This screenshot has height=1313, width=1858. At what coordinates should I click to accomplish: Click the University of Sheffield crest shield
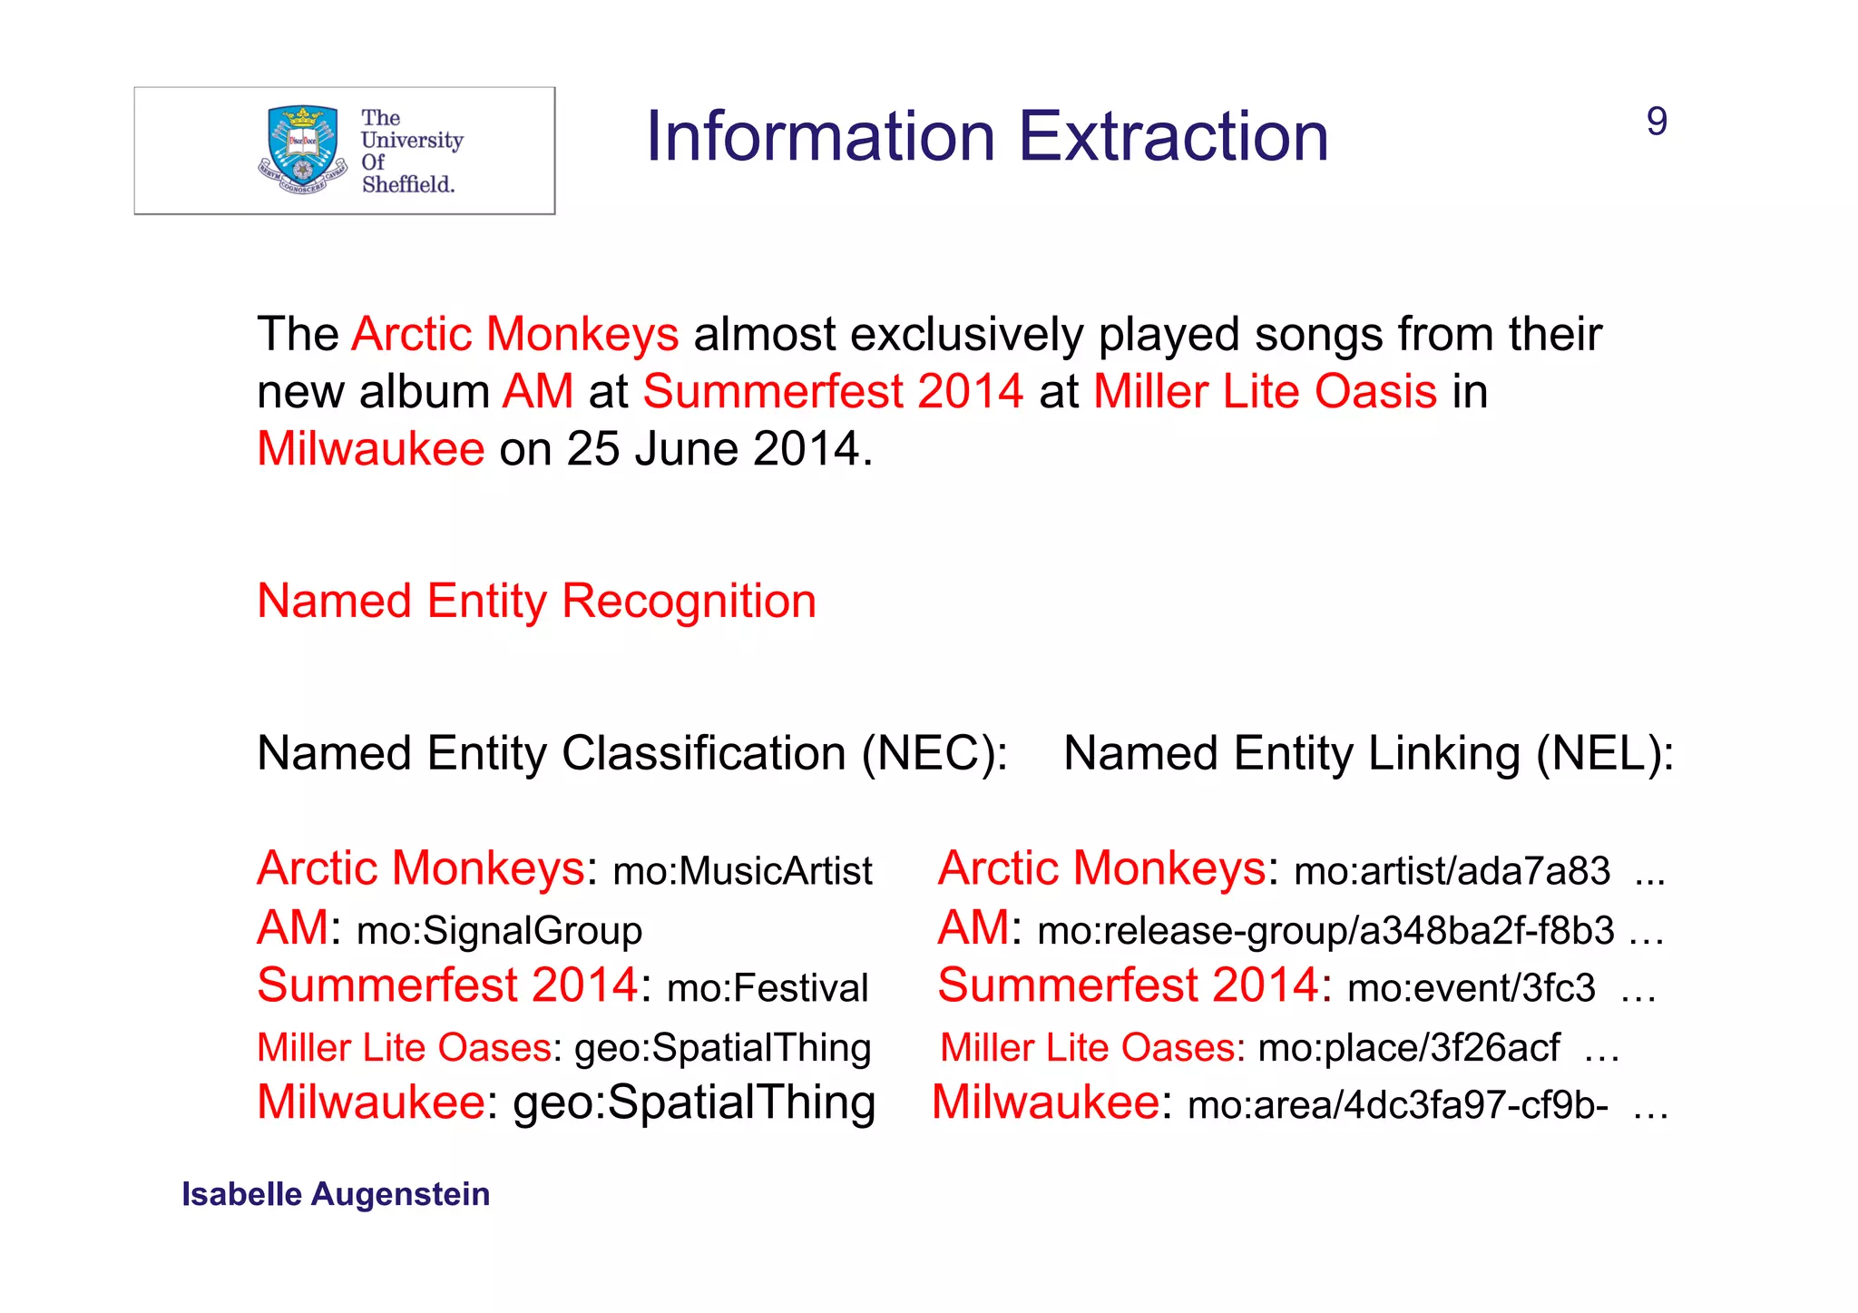coord(303,145)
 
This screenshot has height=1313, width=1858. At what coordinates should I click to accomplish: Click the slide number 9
coord(1657,122)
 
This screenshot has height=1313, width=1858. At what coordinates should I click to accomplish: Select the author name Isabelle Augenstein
coord(336,1194)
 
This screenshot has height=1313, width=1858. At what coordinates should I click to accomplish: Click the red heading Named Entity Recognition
coord(536,602)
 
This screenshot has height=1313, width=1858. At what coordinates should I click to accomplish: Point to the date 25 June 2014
coord(713,449)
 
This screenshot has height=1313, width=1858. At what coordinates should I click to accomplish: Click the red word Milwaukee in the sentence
coord(370,449)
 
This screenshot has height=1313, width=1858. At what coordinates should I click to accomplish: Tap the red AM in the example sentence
coord(537,392)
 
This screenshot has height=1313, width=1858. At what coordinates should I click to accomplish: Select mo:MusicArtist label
coord(742,871)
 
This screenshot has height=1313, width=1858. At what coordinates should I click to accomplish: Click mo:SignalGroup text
coord(499,931)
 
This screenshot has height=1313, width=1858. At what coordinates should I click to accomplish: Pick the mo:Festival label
coord(768,988)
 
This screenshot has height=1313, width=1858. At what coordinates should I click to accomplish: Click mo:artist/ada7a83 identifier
coord(1452,871)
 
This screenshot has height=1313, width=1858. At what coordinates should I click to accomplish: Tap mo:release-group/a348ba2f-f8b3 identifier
coord(1325,931)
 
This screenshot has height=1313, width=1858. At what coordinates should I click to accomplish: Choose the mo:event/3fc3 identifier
coord(1471,988)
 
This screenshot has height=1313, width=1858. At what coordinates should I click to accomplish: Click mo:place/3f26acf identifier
coord(1409,1048)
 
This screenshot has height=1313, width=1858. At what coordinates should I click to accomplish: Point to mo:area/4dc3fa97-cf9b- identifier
coord(1397,1105)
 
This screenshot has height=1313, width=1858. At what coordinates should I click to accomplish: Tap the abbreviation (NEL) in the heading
coord(1604,754)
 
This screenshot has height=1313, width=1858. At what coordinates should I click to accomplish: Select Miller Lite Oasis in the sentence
coord(1265,392)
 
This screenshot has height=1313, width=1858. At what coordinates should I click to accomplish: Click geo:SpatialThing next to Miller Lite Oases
coord(722,1048)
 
